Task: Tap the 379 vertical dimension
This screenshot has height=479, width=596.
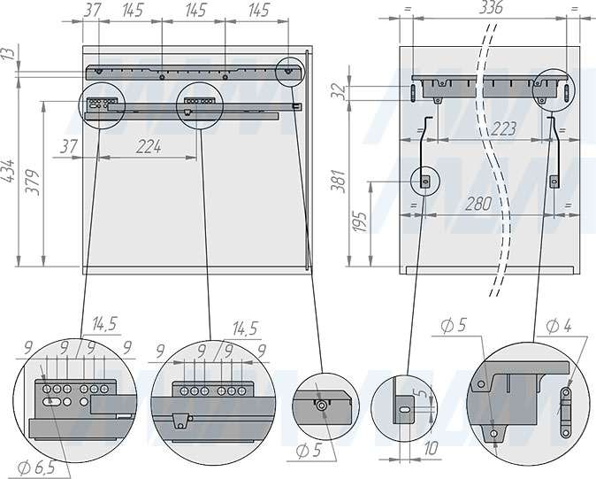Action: pyautogui.click(x=33, y=182)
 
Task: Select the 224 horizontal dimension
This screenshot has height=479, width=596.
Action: pyautogui.click(x=149, y=147)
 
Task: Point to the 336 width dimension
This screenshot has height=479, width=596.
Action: pyautogui.click(x=491, y=8)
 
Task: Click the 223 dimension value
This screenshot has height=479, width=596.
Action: pyautogui.click(x=503, y=129)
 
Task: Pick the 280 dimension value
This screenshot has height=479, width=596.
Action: pyautogui.click(x=478, y=204)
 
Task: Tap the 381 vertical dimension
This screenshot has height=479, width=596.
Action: pyautogui.click(x=338, y=182)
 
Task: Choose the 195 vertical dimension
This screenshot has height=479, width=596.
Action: pyautogui.click(x=359, y=221)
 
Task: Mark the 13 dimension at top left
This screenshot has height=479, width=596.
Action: pyautogui.click(x=9, y=53)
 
